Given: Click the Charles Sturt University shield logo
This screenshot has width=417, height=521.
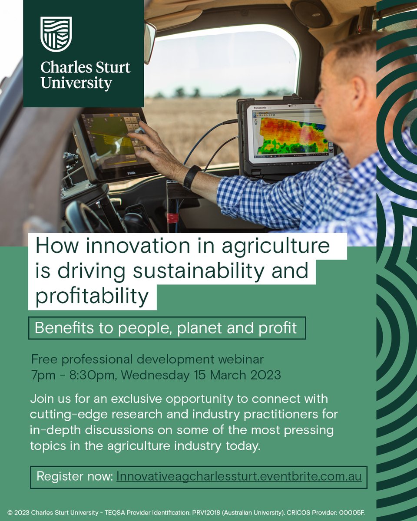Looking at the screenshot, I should point(56,34).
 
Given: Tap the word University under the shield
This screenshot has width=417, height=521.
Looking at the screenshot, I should point(76,83).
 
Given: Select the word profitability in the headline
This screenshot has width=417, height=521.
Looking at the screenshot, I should point(92,296).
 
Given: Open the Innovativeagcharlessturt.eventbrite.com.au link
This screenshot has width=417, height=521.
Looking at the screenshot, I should point(238,476).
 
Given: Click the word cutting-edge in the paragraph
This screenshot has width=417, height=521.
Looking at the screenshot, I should point(60,414).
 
